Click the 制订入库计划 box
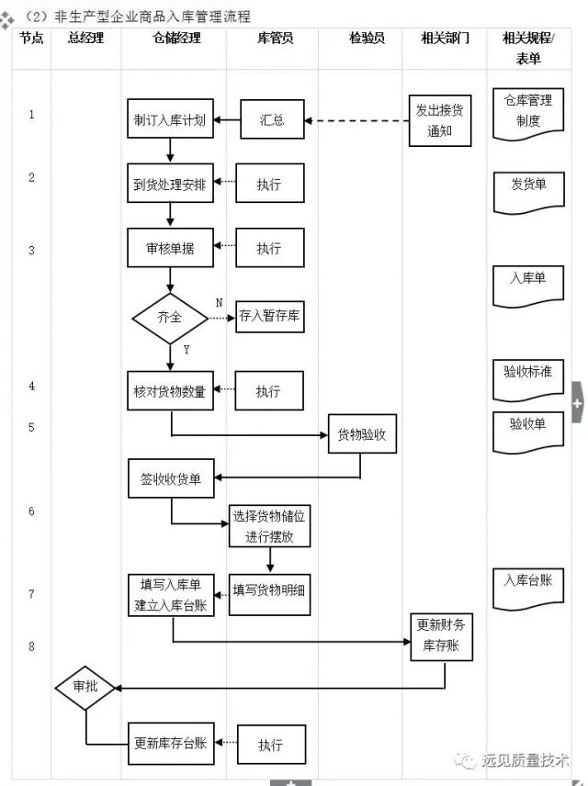[170, 119]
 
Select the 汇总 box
[272, 119]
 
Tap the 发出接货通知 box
[440, 120]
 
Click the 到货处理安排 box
[170, 184]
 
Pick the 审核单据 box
[170, 248]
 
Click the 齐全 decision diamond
[170, 319]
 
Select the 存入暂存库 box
[270, 318]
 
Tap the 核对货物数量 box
[170, 391]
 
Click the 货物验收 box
[362, 433]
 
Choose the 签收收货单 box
[170, 478]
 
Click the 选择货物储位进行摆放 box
[269, 526]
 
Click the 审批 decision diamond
[85, 687]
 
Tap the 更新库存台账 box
[170, 743]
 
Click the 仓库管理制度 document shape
[528, 112]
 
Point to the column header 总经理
[86, 38]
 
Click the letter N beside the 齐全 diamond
[219, 303]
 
